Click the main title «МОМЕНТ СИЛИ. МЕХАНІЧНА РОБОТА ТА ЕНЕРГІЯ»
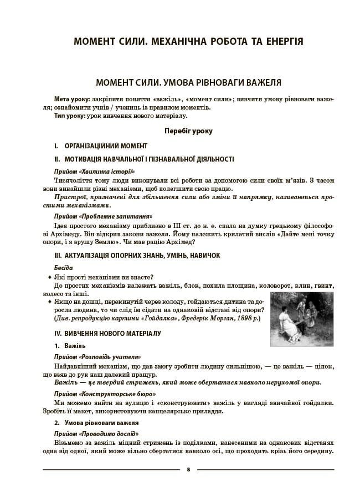pyautogui.click(x=188, y=41)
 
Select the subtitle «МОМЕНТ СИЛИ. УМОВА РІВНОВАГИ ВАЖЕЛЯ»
pyautogui.click(x=188, y=82)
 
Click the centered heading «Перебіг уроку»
pyautogui.click(x=188, y=131)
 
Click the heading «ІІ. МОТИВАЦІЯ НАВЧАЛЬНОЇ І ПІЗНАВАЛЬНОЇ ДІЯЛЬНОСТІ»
pyautogui.click(x=144, y=159)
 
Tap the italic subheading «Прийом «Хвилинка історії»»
pyautogui.click(x=94, y=172)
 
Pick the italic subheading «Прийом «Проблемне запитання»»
pyautogui.click(x=103, y=216)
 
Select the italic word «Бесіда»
pyautogui.click(x=64, y=268)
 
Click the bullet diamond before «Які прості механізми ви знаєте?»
pyautogui.click(x=49, y=277)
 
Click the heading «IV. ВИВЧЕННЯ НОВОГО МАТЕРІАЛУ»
pyautogui.click(x=107, y=334)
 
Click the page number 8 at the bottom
pyautogui.click(x=188, y=470)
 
